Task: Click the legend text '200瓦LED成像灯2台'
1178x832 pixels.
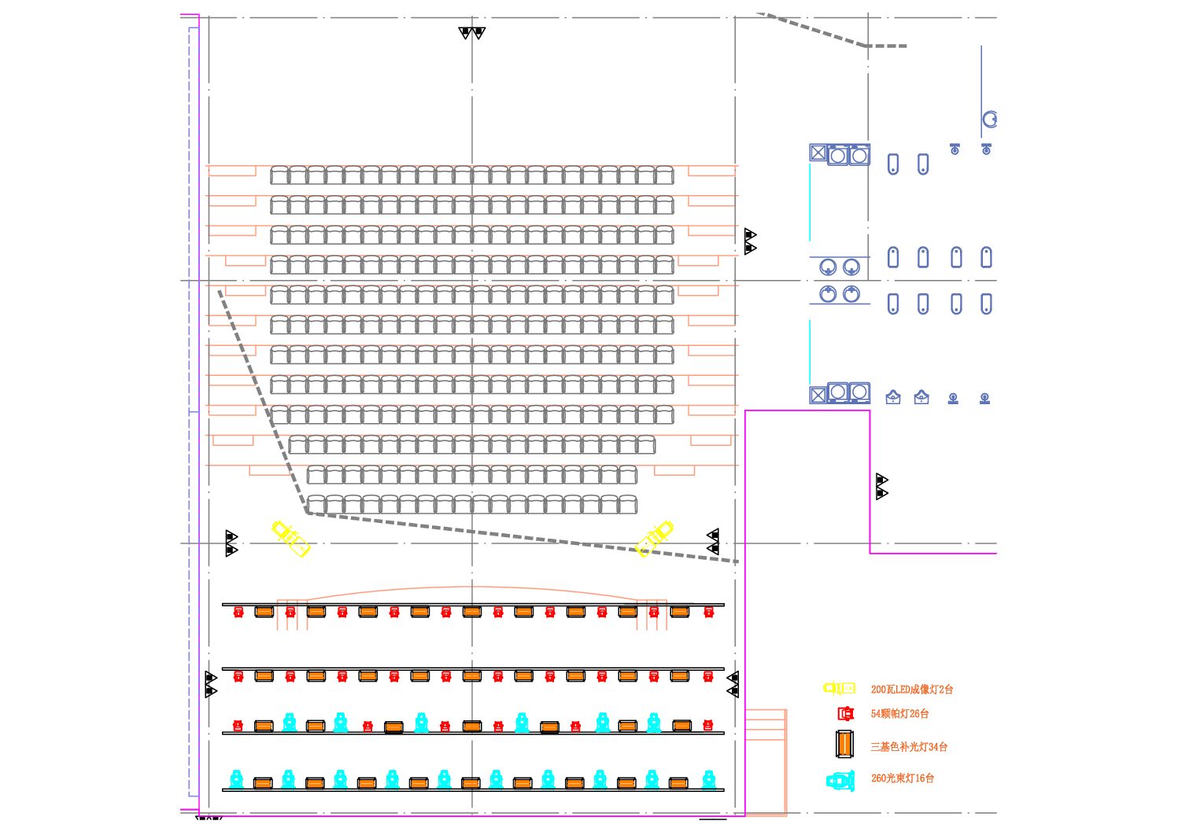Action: [x=911, y=690]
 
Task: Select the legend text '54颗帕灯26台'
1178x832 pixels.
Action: [x=899, y=714]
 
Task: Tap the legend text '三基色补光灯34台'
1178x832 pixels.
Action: [x=908, y=747]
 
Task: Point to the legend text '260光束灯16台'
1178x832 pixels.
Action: [x=902, y=779]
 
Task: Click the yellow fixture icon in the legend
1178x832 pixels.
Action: [x=839, y=688]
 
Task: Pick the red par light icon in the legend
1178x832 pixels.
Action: [x=845, y=714]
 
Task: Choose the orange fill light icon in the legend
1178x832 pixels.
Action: [x=844, y=744]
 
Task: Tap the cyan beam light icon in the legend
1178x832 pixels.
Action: [x=840, y=781]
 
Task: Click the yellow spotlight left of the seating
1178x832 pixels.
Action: [x=290, y=539]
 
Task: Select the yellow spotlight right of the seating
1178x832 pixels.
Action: [x=655, y=539]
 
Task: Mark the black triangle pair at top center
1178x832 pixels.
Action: [x=472, y=33]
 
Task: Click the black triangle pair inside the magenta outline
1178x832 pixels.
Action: [x=881, y=487]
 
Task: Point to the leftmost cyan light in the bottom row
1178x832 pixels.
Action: [x=236, y=779]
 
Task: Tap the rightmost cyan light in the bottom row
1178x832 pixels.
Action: [x=708, y=779]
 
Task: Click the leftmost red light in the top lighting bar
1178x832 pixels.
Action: [x=238, y=612]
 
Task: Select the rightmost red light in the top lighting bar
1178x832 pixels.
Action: [x=708, y=612]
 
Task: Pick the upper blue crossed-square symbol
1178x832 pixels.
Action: [x=818, y=153]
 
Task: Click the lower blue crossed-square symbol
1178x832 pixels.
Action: [x=818, y=394]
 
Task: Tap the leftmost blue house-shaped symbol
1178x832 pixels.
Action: [x=893, y=398]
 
